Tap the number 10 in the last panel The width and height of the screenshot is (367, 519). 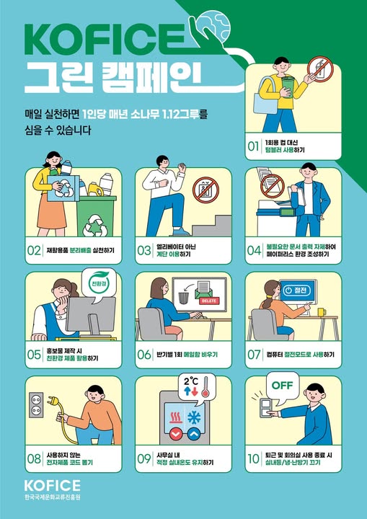[x=253, y=458]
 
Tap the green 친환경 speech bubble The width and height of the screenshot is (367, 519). [x=94, y=278]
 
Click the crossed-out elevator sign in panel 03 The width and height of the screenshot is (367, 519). [x=208, y=189]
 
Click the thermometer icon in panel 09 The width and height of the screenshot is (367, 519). [x=205, y=392]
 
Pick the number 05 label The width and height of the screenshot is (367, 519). [x=34, y=354]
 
